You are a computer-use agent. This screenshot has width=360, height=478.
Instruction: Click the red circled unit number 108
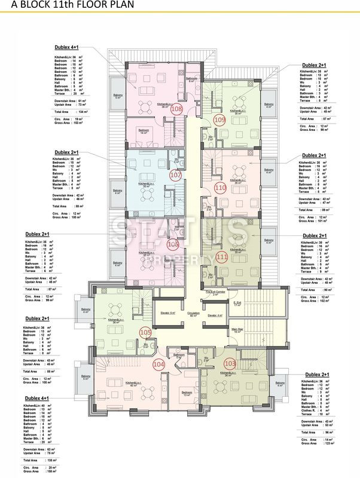[x=177, y=109]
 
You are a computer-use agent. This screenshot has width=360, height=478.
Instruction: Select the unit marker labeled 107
[x=175, y=176]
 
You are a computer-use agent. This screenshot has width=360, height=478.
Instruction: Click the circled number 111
[x=222, y=257]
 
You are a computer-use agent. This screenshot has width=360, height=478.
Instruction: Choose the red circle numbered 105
[x=145, y=332]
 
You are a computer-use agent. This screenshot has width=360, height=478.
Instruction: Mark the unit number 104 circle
[x=158, y=364]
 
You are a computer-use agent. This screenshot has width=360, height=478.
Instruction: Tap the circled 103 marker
[x=230, y=363]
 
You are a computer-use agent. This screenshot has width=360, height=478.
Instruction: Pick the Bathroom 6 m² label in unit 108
[x=191, y=79]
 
